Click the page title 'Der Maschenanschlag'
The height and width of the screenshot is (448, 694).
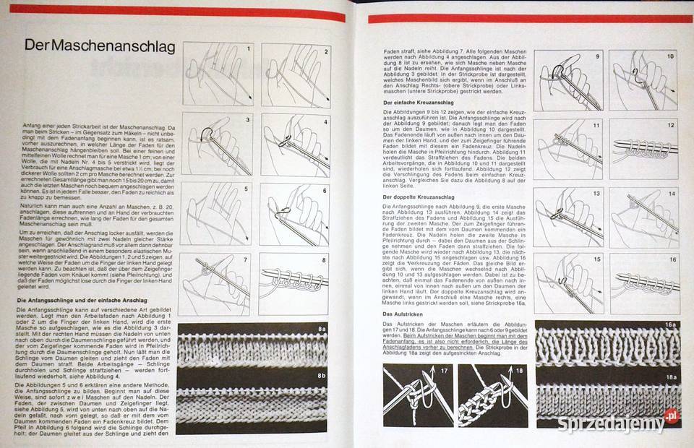100,46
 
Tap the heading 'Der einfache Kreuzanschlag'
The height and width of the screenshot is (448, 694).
418,103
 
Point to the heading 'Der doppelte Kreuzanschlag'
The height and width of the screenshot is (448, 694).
419,197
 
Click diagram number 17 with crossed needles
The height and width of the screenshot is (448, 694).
417,395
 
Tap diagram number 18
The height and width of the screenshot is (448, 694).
492,395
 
